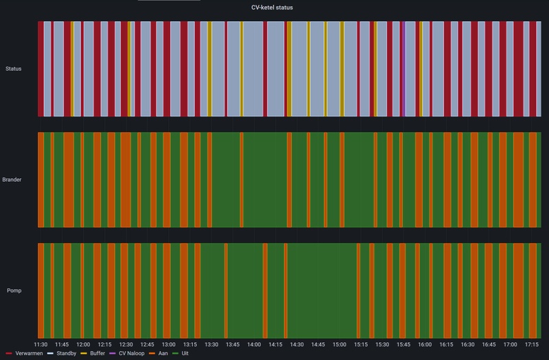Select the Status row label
click(x=13, y=69)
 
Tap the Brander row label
click(x=12, y=180)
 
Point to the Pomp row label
click(x=14, y=291)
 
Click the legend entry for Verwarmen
click(x=26, y=353)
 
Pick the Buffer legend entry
click(x=97, y=353)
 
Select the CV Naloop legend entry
click(x=131, y=353)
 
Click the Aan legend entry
click(x=162, y=353)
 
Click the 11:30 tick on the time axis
click(x=40, y=344)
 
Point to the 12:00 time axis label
click(x=83, y=344)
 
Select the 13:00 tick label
click(x=168, y=344)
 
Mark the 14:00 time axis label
click(x=254, y=344)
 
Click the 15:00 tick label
click(x=339, y=344)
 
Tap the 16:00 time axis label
click(x=425, y=344)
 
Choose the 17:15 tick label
click(x=531, y=344)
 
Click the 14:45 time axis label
click(x=318, y=344)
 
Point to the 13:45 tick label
click(x=233, y=344)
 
